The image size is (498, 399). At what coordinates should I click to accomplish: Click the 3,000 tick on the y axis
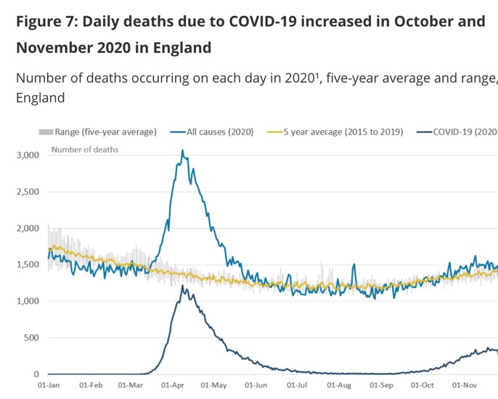click(x=27, y=156)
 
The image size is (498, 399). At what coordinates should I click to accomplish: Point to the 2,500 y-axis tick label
click(x=27, y=192)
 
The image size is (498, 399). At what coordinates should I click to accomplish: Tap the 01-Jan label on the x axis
click(x=49, y=386)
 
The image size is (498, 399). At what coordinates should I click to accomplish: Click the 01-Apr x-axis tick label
click(x=172, y=386)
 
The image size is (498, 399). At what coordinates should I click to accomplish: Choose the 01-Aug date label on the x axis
click(x=338, y=386)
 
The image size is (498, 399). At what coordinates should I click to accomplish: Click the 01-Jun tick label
click(x=256, y=386)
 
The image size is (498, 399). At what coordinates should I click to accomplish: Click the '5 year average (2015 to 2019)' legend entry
click(x=335, y=132)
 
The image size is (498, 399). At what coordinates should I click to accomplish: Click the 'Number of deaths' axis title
click(x=85, y=150)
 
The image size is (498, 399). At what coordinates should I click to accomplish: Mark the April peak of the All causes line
click(x=182, y=151)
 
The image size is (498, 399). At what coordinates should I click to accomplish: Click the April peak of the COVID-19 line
click(x=183, y=286)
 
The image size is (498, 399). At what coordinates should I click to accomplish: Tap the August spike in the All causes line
click(x=354, y=265)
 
